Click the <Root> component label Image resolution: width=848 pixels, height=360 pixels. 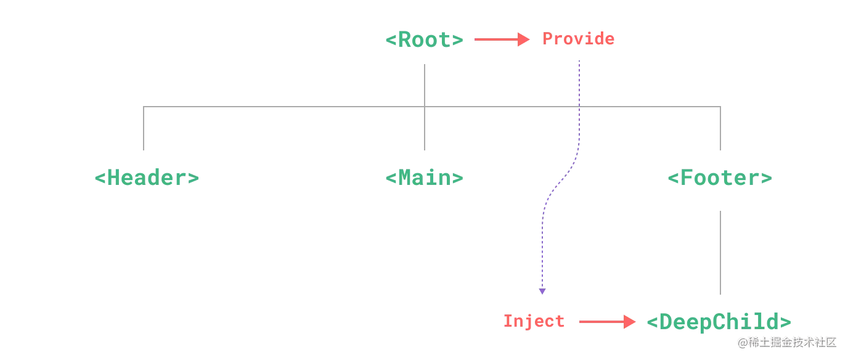(424, 40)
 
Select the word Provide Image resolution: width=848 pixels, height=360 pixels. (579, 39)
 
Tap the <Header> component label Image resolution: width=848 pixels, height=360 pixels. (147, 178)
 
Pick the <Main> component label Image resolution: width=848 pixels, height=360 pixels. (424, 178)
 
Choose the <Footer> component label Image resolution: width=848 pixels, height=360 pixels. (720, 179)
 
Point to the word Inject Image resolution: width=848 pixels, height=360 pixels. (534, 321)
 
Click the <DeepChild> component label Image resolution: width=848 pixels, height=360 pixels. (720, 322)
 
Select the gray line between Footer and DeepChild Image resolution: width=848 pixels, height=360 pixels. (722, 252)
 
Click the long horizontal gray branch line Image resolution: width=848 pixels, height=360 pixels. (283, 107)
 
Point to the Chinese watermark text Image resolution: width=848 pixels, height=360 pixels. (791, 342)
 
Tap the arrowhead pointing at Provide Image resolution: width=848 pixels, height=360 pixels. (524, 40)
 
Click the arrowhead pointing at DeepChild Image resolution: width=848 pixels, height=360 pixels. (629, 322)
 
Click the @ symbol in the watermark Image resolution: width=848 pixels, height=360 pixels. (742, 342)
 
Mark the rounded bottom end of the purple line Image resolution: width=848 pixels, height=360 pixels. (542, 292)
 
